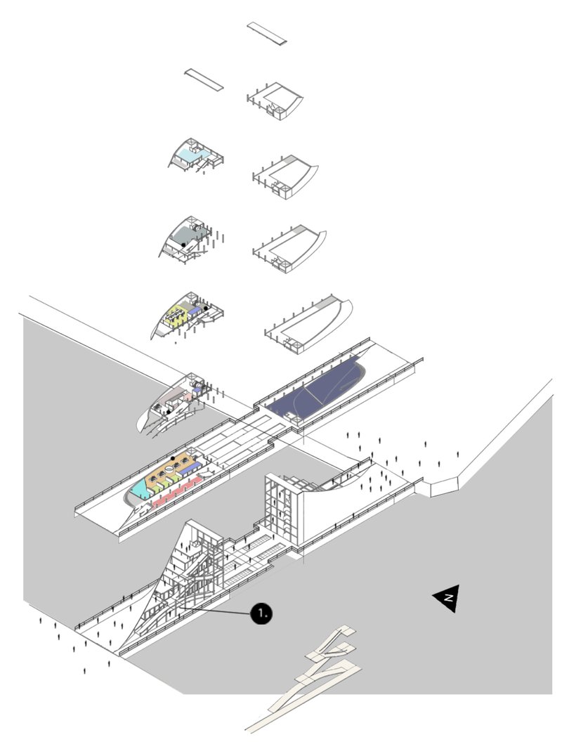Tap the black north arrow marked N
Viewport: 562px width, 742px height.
click(x=447, y=598)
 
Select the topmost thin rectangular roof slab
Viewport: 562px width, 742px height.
click(x=268, y=33)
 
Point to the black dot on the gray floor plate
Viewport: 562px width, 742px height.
click(x=184, y=244)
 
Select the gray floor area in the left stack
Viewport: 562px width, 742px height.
click(x=184, y=233)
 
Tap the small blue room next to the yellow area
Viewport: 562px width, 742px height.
click(x=193, y=311)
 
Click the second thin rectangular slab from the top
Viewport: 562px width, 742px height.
click(x=204, y=78)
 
